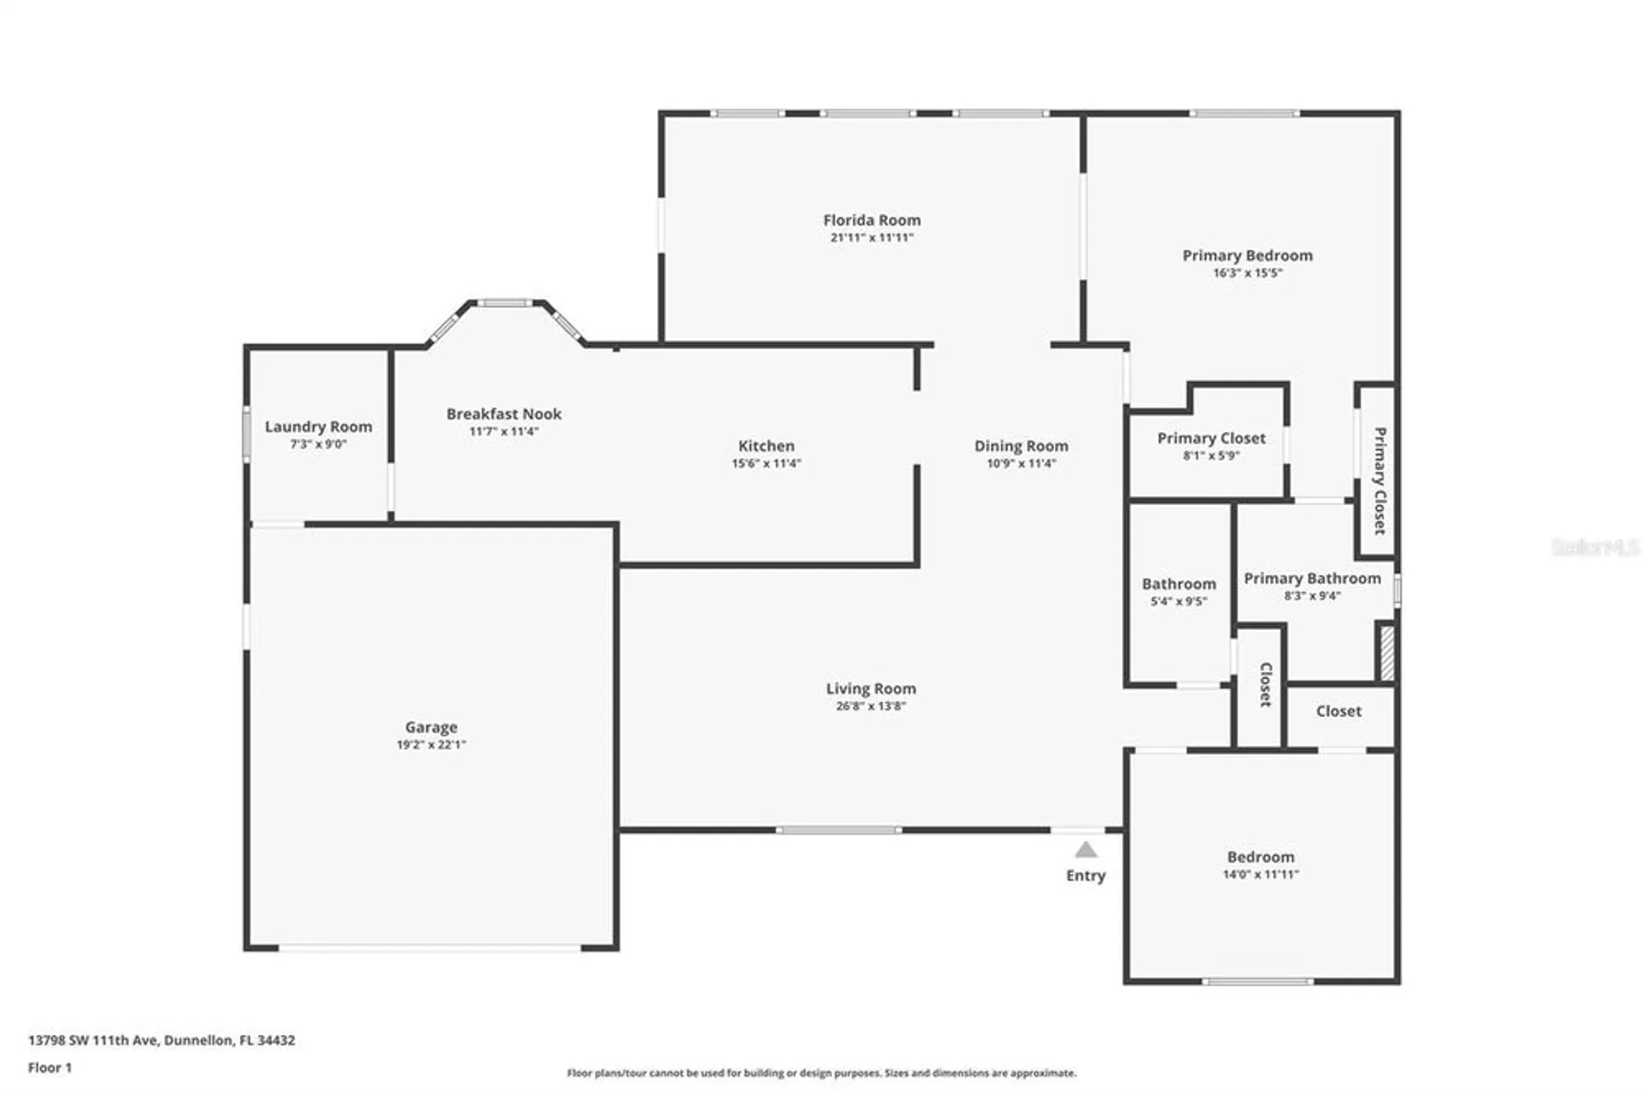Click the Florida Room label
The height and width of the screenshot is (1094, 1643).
[x=872, y=220]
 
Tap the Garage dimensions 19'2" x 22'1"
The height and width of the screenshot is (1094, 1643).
[x=430, y=745]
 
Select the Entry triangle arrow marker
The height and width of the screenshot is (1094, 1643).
[x=1086, y=850]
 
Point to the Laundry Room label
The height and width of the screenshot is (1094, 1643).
[x=318, y=426]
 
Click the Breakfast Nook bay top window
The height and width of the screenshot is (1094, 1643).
[x=505, y=303]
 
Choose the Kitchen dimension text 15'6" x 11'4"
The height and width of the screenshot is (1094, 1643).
[x=766, y=463]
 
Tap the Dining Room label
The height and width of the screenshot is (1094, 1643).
[x=1021, y=446]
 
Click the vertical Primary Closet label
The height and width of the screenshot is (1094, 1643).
[x=1380, y=480]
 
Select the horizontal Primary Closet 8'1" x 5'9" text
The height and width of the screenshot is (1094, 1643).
[x=1211, y=456]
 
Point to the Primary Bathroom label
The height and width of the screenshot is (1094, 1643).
[x=1312, y=578]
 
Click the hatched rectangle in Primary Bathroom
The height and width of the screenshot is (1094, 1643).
[x=1387, y=653]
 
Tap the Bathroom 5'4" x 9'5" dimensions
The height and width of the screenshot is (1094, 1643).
[x=1178, y=601]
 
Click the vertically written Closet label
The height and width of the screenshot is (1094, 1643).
[x=1266, y=684]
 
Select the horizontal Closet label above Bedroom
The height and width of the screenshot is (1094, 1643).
[x=1338, y=711]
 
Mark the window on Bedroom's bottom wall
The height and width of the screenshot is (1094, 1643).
[x=1258, y=981]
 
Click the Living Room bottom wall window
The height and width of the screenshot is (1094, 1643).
[x=839, y=830]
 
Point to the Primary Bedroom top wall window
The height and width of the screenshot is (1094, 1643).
[x=1244, y=113]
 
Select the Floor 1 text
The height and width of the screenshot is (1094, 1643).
[x=50, y=1068]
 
